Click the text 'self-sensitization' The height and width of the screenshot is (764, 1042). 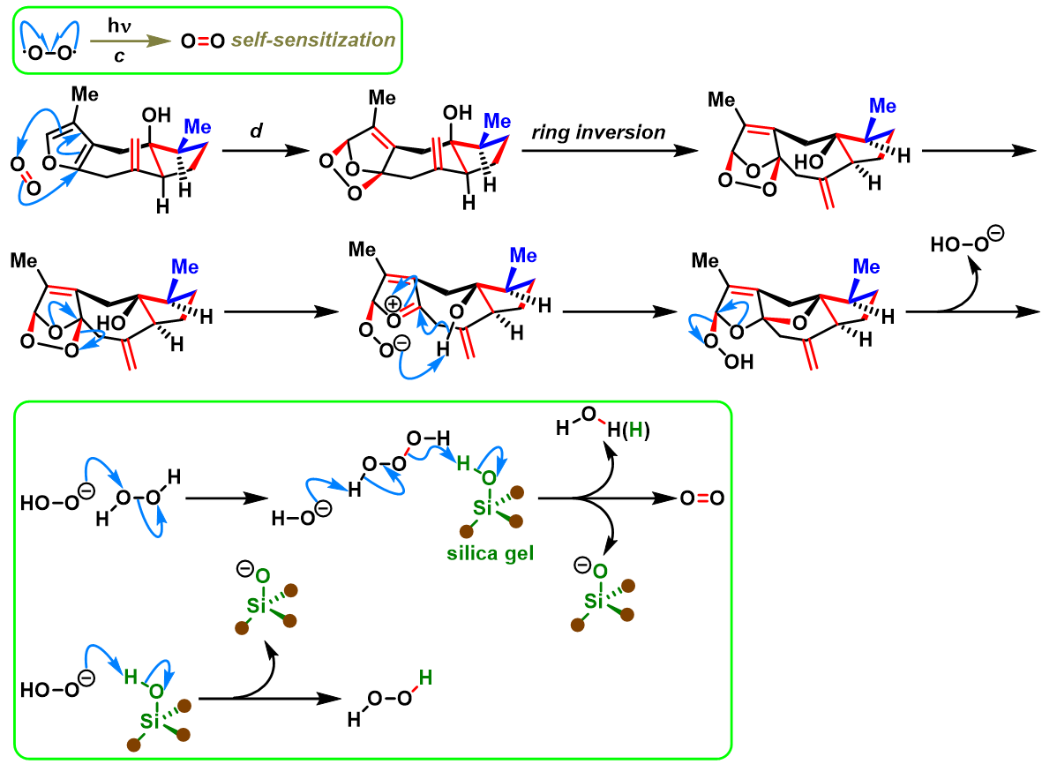313,41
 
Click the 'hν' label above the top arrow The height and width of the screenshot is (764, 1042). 120,26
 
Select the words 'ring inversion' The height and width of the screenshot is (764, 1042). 598,132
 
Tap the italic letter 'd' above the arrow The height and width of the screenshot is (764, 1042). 257,131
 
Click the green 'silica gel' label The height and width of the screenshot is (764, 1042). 491,553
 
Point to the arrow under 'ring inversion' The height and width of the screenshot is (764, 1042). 610,151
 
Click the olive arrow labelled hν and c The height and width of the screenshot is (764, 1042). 131,41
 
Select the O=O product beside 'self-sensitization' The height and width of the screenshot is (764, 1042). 203,41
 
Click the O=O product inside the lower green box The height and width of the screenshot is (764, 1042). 702,498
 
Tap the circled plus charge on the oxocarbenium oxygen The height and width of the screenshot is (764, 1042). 394,305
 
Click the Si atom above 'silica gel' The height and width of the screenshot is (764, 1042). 483,508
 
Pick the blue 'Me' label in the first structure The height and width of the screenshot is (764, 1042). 198,127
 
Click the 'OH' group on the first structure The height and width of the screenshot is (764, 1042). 156,115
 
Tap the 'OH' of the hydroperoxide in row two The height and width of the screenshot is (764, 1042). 739,362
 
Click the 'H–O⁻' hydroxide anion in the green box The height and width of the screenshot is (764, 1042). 301,514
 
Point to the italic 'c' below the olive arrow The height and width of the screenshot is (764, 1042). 120,56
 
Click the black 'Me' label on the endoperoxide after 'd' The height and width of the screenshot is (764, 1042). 382,98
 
